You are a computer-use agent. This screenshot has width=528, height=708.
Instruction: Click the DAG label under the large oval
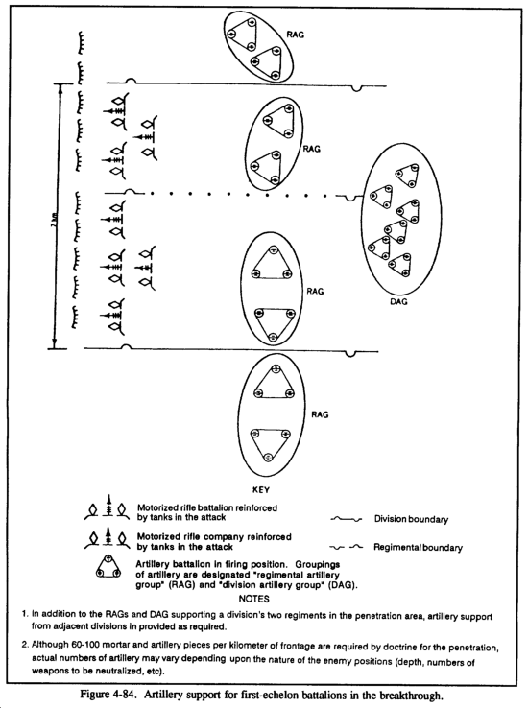tap(398, 301)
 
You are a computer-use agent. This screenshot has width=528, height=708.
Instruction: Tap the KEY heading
tap(261, 490)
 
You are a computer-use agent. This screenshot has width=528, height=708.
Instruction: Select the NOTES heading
tap(253, 599)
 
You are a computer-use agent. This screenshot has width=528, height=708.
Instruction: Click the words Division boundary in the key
tap(411, 519)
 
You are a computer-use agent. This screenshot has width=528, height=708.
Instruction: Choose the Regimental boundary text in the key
tap(418, 548)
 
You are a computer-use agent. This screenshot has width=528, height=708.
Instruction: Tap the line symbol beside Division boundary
tap(347, 520)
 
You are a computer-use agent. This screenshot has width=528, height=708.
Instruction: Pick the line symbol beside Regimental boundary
tap(347, 548)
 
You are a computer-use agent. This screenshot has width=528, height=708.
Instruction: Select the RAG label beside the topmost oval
tap(296, 35)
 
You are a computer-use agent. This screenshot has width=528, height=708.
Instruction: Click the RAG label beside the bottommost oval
tap(320, 414)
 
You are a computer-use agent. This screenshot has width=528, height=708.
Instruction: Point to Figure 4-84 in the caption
tap(108, 695)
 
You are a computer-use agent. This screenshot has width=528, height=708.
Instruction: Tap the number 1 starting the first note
tap(25, 614)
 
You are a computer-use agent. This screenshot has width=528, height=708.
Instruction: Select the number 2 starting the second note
tap(24, 645)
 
